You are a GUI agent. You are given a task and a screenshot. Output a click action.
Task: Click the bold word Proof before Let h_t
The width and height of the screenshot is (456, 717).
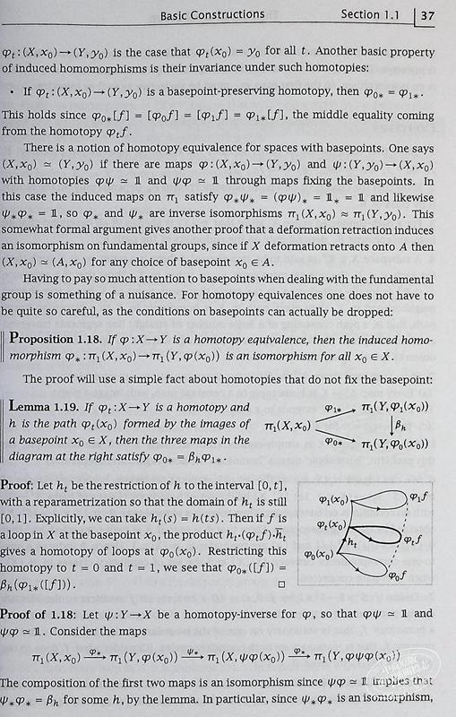[36, 485]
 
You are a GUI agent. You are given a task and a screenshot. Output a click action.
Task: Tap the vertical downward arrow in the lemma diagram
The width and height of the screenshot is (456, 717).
[391, 428]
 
